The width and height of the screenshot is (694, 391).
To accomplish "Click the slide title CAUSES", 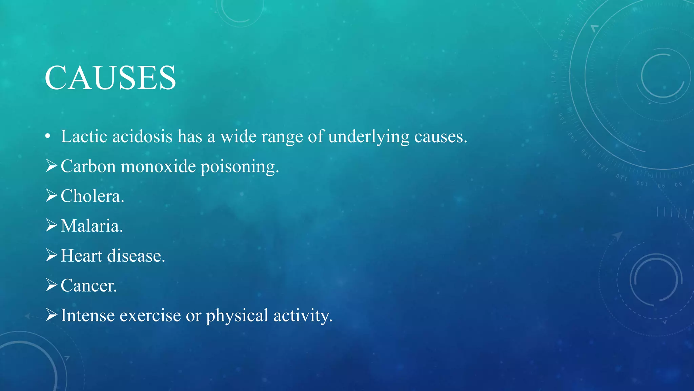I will coord(110,78).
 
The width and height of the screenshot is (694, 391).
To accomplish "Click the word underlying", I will coord(369,137).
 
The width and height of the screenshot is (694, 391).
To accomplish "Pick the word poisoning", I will coord(240,167).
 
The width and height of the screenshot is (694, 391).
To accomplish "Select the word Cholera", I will coord(92,196).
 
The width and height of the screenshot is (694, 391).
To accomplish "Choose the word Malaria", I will coord(91,226).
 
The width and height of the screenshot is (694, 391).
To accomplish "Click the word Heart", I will coord(81,256).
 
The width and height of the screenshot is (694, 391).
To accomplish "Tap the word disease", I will coord(136,256).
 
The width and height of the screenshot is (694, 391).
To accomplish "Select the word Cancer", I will coord(88,285).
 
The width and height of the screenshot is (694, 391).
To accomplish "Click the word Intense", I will coord(87,315).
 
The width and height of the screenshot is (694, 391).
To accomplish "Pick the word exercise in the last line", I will coord(150,315).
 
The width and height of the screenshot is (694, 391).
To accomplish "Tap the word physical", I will coord(237,316).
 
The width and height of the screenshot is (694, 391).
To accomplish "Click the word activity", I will coord(303,316).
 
